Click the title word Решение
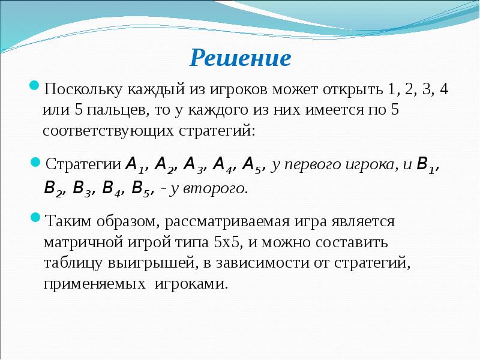point(240,58)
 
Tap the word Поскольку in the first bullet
point(82,91)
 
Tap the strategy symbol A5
point(254,165)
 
